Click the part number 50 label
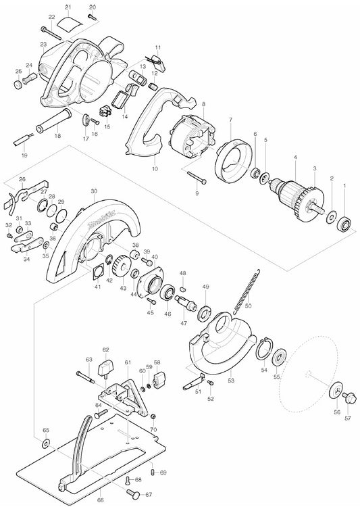pyautogui.click(x=248, y=306)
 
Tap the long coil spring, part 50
pyautogui.click(x=247, y=291)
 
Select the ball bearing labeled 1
pyautogui.click(x=344, y=224)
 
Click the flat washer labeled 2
pyautogui.click(x=331, y=216)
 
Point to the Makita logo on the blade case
pyautogui.click(x=101, y=220)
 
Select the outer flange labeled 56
pyautogui.click(x=336, y=391)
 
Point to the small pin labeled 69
pyautogui.click(x=153, y=473)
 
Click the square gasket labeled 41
pyautogui.click(x=97, y=270)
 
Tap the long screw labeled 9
pyautogui.click(x=197, y=178)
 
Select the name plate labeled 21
pyautogui.click(x=70, y=23)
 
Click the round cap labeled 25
pyautogui.click(x=18, y=84)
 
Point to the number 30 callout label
pyautogui.click(x=94, y=191)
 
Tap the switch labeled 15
pyautogui.click(x=105, y=112)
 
